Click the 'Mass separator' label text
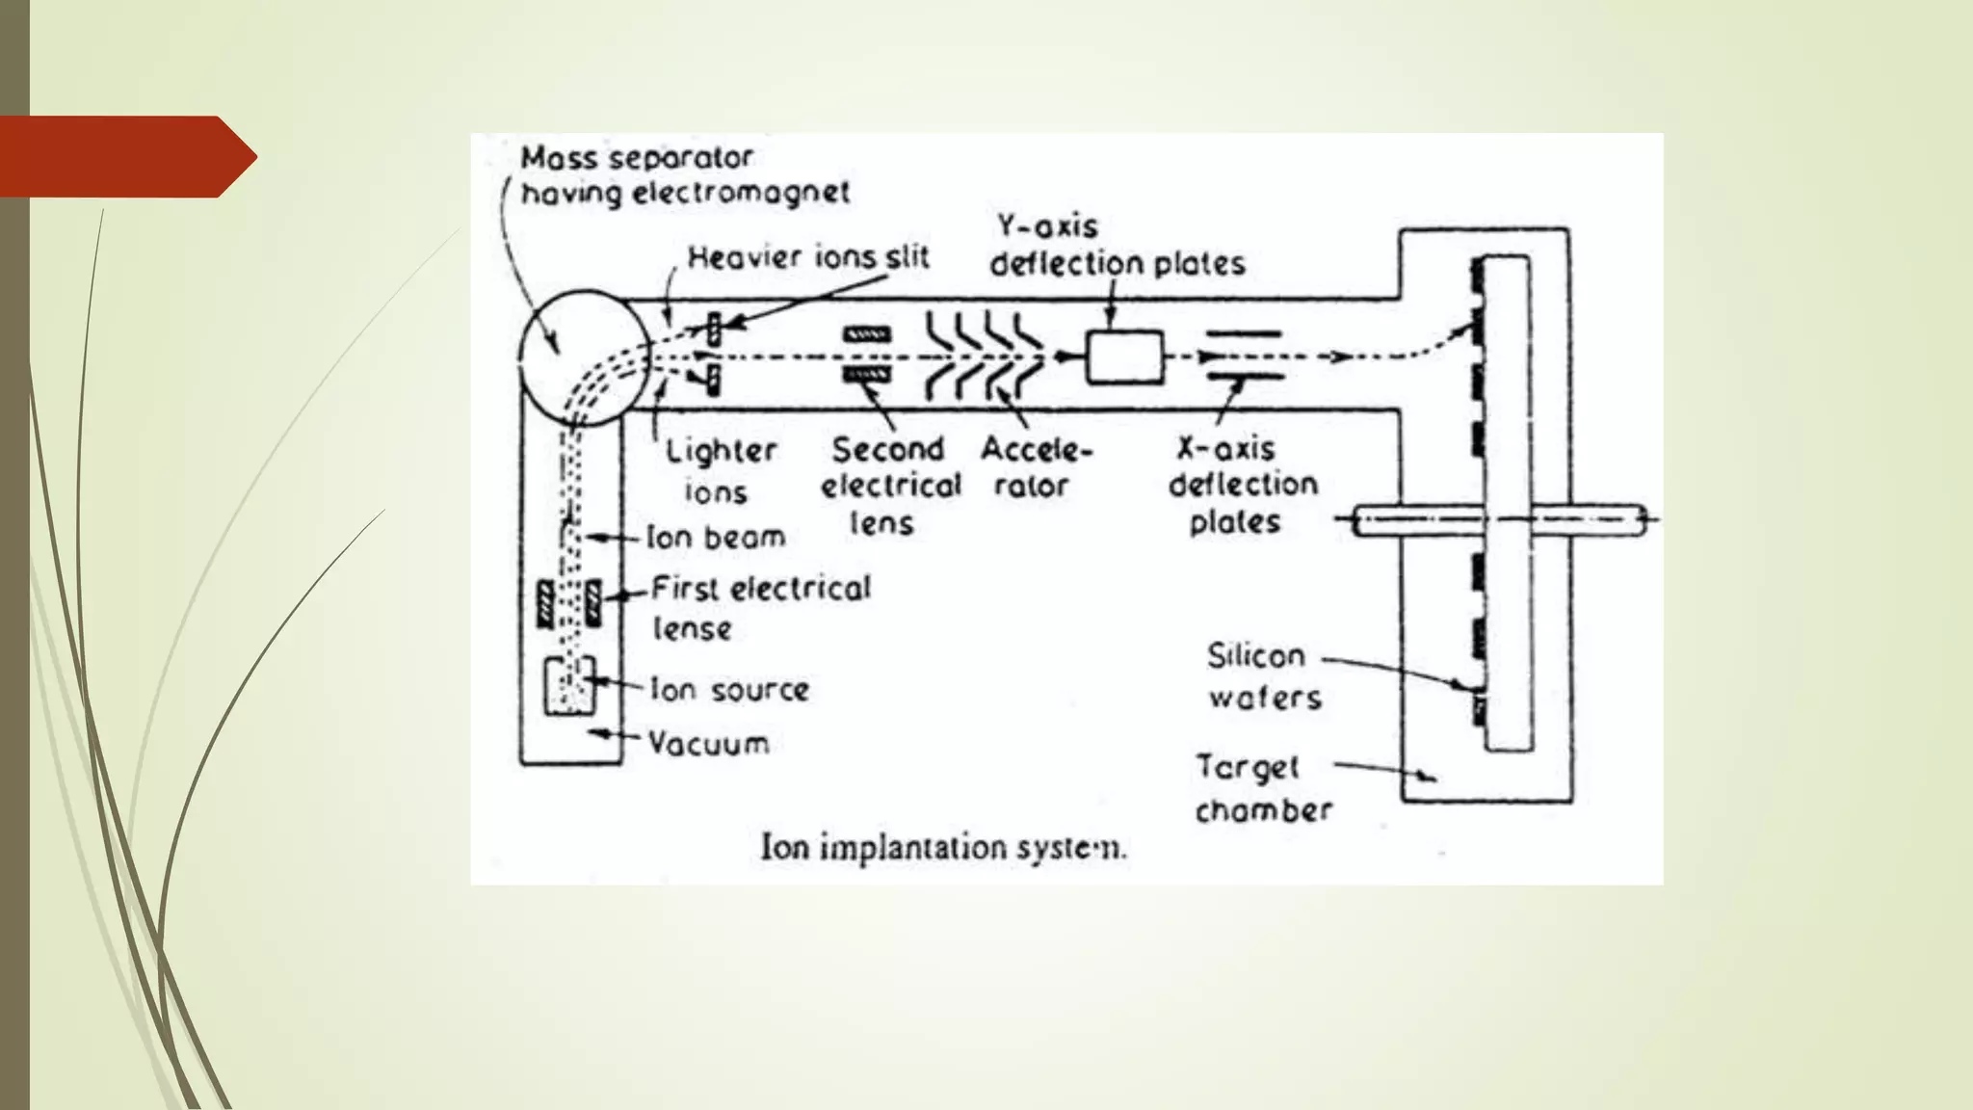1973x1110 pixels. click(637, 157)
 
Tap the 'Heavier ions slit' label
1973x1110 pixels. click(807, 257)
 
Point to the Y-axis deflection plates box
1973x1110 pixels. click(1123, 357)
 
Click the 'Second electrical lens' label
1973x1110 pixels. click(889, 486)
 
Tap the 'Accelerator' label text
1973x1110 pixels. click(1035, 467)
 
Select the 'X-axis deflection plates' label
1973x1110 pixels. click(1242, 485)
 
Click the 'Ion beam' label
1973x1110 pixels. click(715, 537)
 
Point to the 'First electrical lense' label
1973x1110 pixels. click(760, 607)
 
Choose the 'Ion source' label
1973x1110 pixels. click(729, 689)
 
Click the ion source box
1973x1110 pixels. click(569, 686)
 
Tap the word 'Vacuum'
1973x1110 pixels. click(708, 743)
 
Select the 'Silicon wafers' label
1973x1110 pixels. click(1263, 676)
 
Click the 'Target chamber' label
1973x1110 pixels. click(1263, 788)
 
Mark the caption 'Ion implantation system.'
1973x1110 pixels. click(942, 848)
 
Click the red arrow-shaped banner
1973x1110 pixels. click(125, 156)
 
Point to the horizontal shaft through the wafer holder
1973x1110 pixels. click(1503, 521)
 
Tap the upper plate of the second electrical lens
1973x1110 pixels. click(867, 335)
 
